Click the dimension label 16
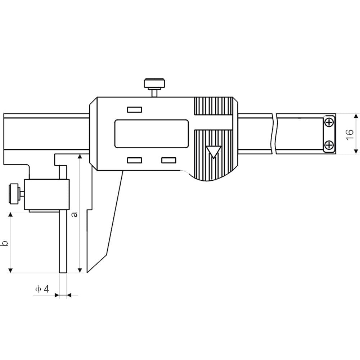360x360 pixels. point(350,135)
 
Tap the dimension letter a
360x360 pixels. point(75,215)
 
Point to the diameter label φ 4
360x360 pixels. point(42,289)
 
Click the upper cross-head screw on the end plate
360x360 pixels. point(329,122)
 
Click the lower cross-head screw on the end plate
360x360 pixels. point(329,145)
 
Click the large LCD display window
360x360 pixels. point(152,134)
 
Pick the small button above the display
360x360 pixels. point(135,110)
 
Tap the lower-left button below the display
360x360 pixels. point(135,160)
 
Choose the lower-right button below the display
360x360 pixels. point(169,160)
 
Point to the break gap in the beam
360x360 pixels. point(274,134)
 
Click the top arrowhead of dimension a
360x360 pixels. point(80,156)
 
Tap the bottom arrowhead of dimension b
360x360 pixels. point(10,271)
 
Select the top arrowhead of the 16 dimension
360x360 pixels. point(356,116)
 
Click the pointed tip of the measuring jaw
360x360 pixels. point(87,273)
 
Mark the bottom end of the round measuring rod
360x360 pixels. point(63,273)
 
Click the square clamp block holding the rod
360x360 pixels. point(47,195)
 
